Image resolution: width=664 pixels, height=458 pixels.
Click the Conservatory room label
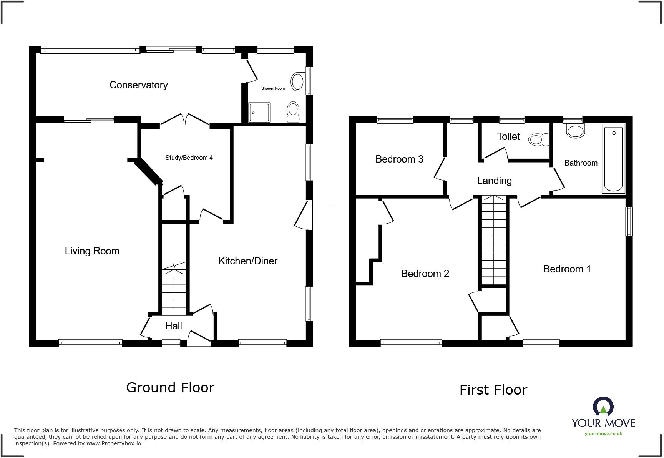[x=138, y=85]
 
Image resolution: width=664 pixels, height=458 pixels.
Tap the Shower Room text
[x=273, y=88]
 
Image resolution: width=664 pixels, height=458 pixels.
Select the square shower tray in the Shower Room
[x=259, y=112]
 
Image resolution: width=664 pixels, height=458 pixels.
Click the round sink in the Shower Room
[x=297, y=81]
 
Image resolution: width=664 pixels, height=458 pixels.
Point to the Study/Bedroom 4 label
[x=189, y=158]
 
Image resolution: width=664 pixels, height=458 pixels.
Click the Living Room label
[x=92, y=251]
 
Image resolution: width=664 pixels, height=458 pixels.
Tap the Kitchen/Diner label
[x=248, y=261]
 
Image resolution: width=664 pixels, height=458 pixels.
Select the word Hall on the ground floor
[x=173, y=326]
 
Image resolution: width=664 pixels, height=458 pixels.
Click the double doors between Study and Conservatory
[x=185, y=119]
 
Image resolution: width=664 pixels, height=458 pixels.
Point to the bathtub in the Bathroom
[x=613, y=159]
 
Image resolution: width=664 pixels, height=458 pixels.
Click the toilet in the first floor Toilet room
[x=539, y=139]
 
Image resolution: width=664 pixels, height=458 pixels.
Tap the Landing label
[x=494, y=181]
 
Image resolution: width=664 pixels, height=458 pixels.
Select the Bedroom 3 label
[x=399, y=159]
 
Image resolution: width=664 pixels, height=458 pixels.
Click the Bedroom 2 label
[x=425, y=274]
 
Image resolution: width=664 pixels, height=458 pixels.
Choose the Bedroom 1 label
[x=567, y=269]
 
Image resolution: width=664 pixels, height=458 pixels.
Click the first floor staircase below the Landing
[x=494, y=240]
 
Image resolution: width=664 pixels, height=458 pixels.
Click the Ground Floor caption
[x=170, y=387]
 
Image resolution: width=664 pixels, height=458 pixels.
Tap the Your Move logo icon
[x=603, y=407]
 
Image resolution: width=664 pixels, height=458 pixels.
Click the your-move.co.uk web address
[x=603, y=434]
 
